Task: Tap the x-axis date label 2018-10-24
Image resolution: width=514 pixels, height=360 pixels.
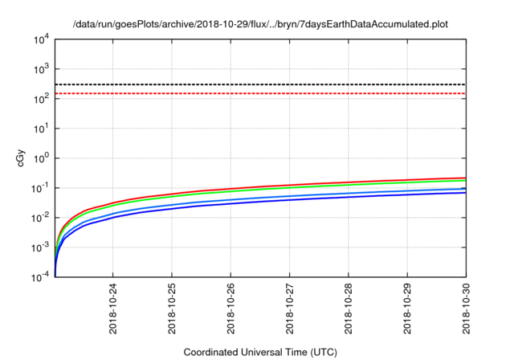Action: (x=113, y=309)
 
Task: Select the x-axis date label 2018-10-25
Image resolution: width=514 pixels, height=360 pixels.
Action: (x=172, y=309)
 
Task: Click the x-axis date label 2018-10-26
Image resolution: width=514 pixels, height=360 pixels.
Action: (x=230, y=309)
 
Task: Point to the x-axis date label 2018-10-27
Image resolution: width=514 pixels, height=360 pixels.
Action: (x=289, y=309)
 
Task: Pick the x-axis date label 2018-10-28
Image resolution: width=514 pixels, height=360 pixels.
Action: (x=348, y=309)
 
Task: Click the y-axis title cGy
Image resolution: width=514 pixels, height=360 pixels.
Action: (x=22, y=158)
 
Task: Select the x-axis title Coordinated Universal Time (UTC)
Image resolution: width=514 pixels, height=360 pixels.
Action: (x=260, y=352)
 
